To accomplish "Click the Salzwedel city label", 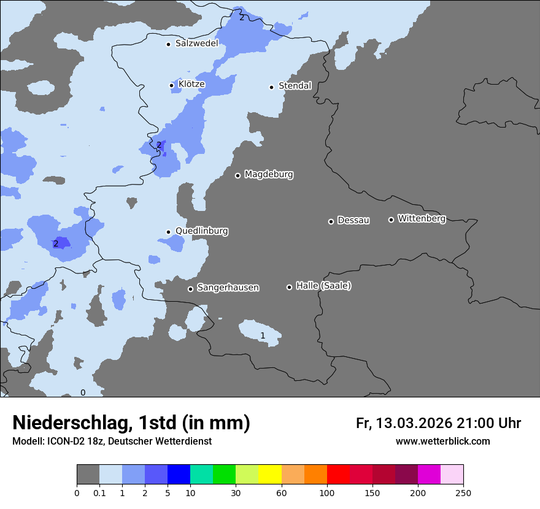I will click(196, 44).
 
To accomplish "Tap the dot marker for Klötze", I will click(172, 85).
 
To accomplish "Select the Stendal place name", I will click(295, 86).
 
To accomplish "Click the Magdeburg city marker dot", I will click(237, 175).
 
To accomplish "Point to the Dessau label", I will click(353, 221).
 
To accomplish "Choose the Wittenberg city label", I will click(421, 219).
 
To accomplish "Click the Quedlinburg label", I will click(201, 231).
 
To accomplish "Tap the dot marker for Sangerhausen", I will click(190, 289).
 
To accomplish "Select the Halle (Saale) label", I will click(323, 286).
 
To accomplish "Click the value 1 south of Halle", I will click(263, 335).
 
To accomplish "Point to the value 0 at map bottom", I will click(83, 392).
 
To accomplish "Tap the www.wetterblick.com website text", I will click(442, 442).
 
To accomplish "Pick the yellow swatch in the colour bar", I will click(269, 475).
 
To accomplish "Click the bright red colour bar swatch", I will click(337, 475).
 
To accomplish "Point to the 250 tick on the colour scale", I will click(463, 492).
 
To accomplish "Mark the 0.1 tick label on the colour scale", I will click(99, 492).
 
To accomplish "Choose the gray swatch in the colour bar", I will click(88, 475).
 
